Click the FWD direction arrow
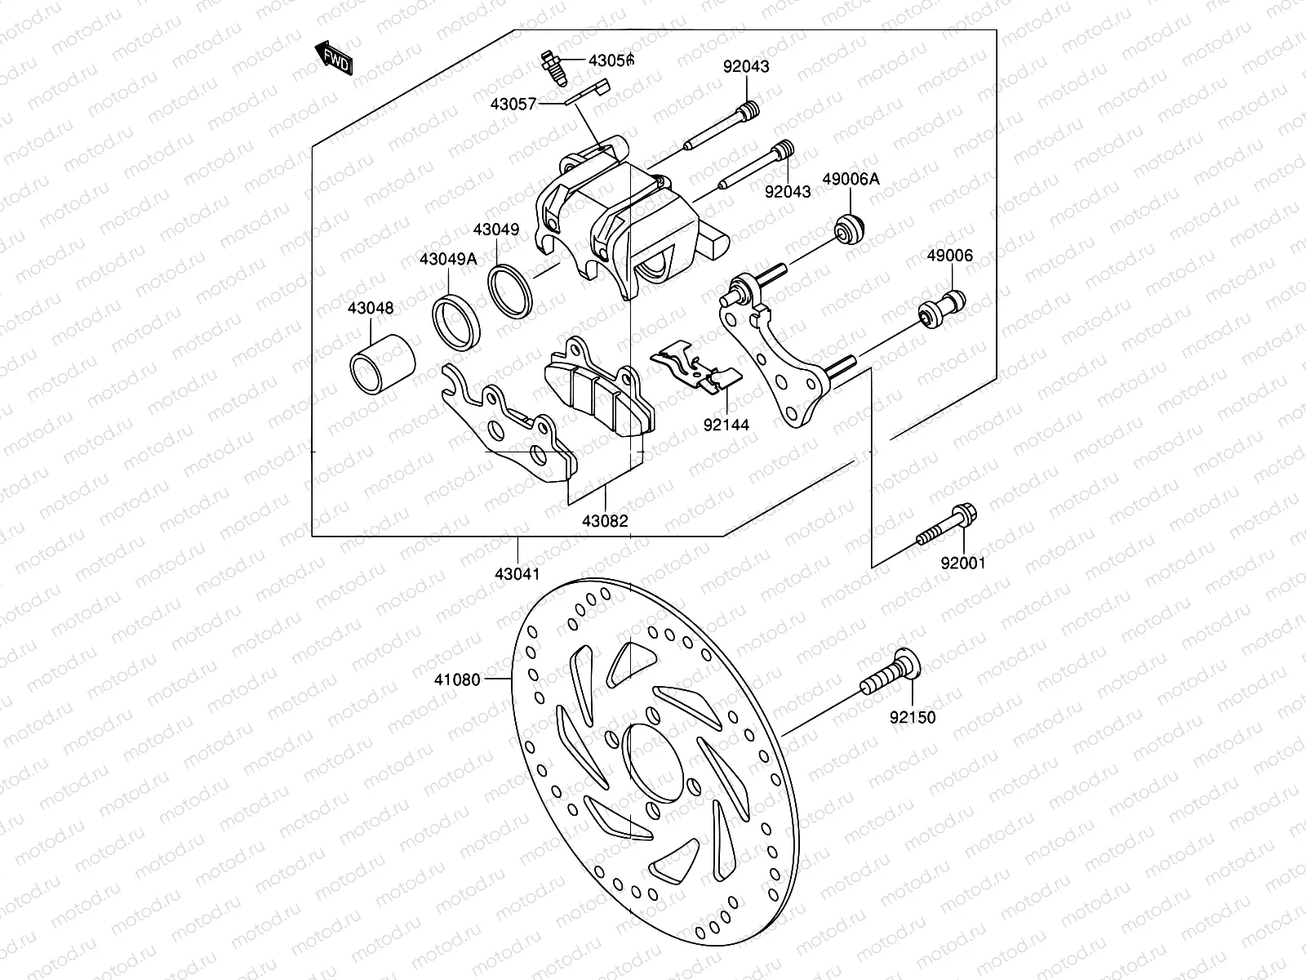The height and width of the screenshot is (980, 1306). point(335,57)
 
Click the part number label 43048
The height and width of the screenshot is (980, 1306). point(370,308)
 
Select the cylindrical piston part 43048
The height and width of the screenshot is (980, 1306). point(383,363)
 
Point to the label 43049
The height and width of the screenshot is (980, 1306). point(495,230)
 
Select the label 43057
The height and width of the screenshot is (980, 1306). point(513,104)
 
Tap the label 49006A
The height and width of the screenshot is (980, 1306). point(851,178)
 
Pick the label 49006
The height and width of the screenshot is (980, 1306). point(949,256)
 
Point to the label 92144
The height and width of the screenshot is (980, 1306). point(726,425)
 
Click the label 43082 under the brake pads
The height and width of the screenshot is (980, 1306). point(605,521)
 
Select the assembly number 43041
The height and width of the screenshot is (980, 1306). point(517,573)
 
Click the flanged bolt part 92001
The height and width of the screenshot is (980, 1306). point(947,528)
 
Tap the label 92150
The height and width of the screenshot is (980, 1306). point(913,718)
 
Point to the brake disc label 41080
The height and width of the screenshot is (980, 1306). point(457,679)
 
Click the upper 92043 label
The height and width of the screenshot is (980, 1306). point(745,67)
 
